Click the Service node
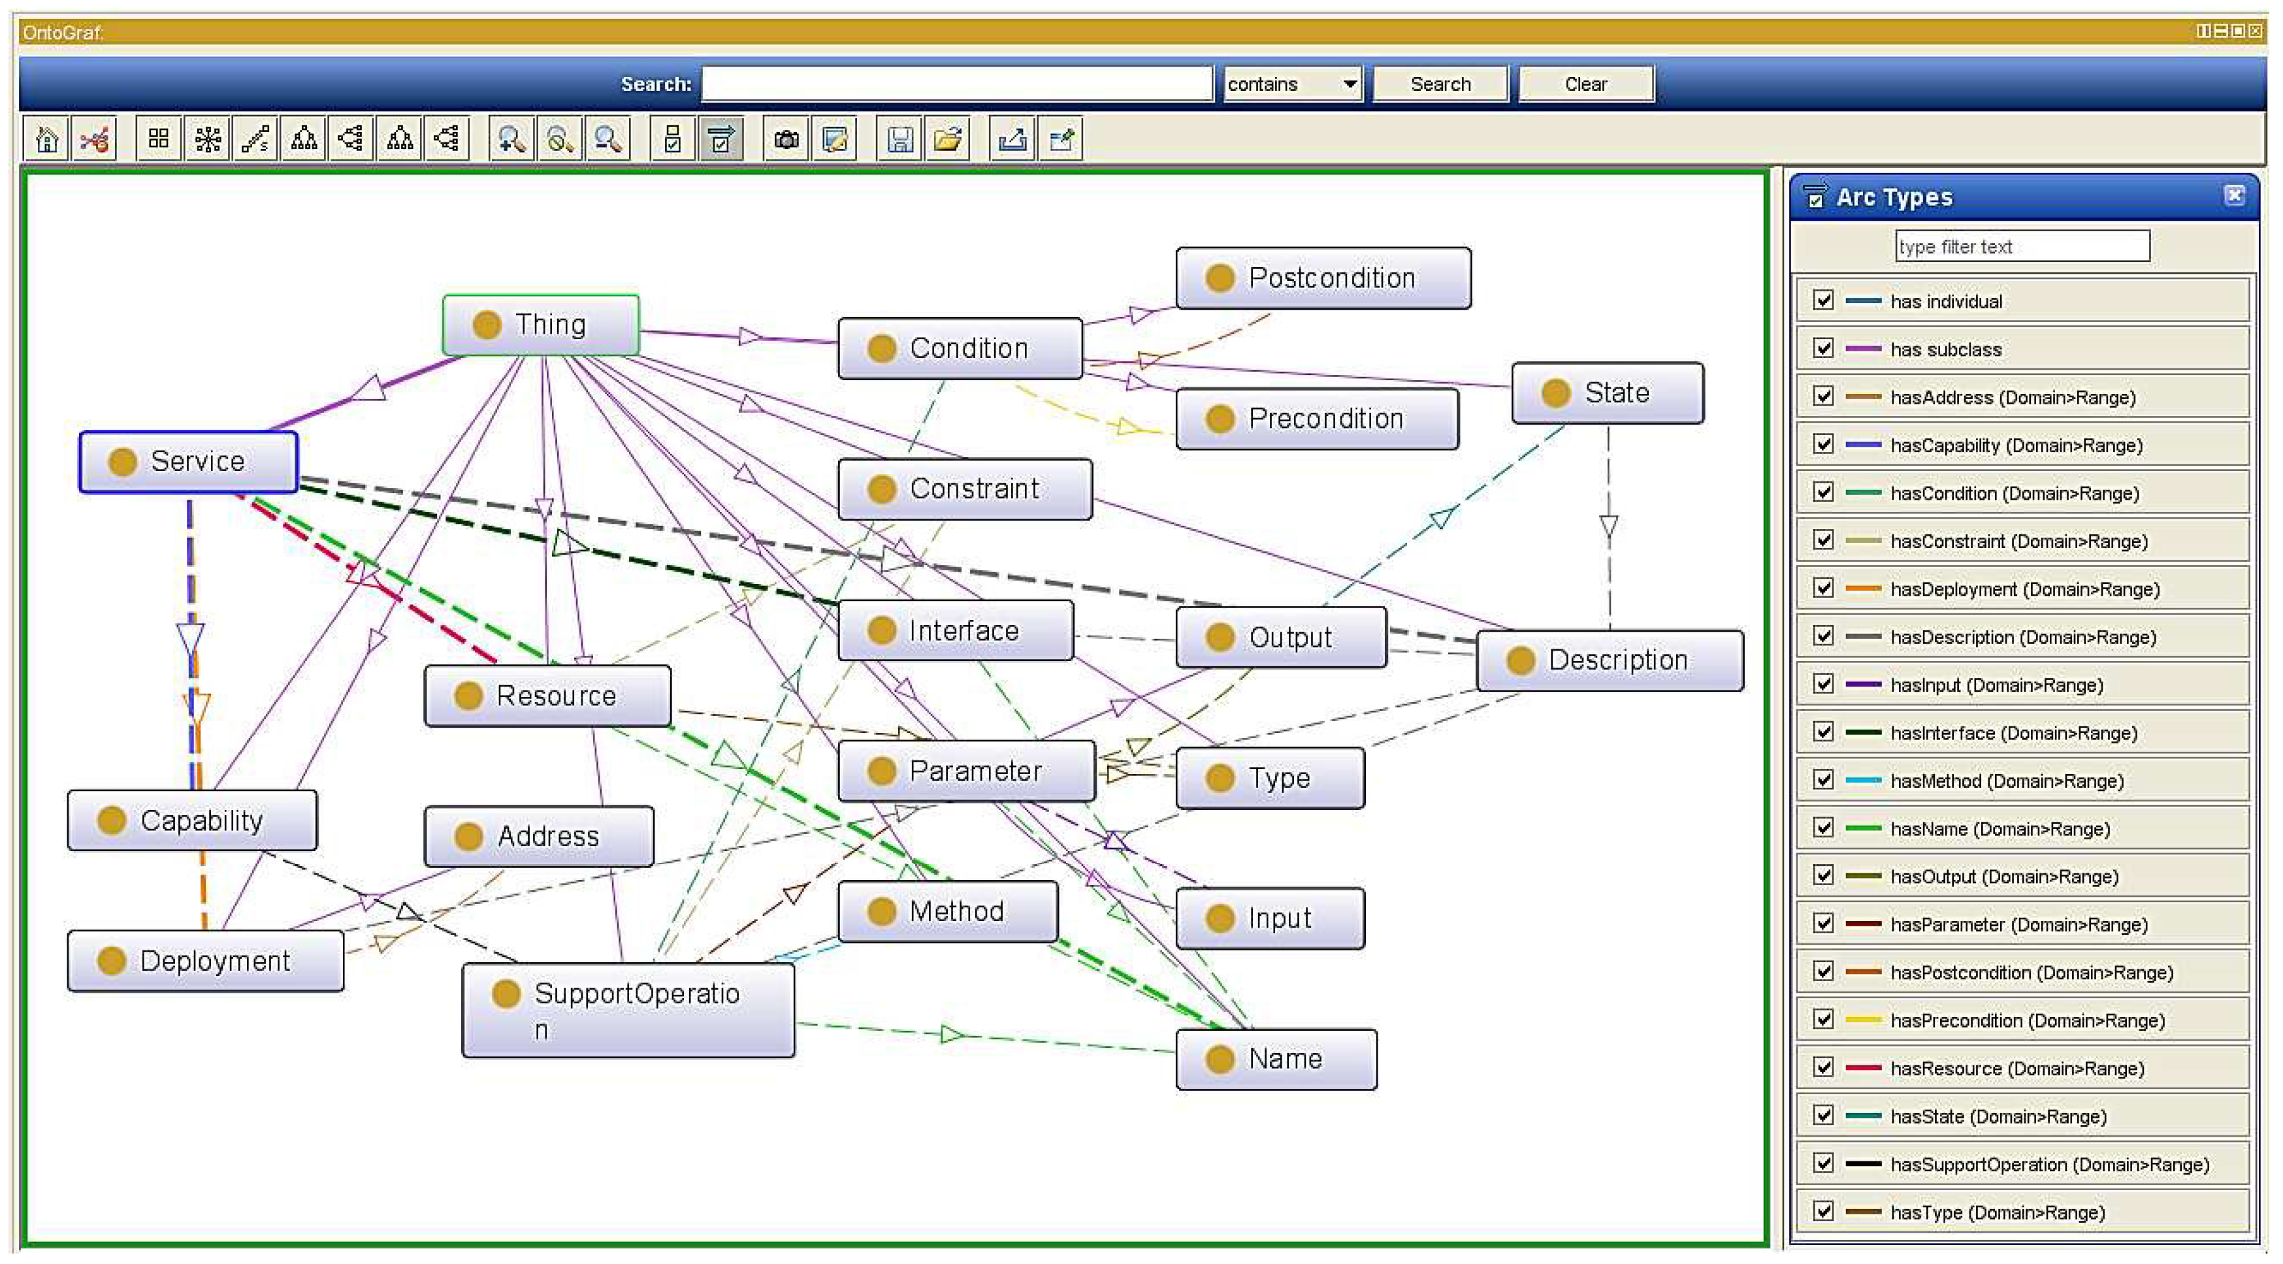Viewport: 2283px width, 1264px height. pyautogui.click(x=188, y=462)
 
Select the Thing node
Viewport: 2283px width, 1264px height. pyautogui.click(x=541, y=325)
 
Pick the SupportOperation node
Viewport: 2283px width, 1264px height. pyautogui.click(x=628, y=1011)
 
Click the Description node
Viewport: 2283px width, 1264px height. pyautogui.click(x=1609, y=660)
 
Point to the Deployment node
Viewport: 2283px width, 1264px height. pyautogui.click(x=206, y=961)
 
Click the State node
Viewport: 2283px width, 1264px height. pyautogui.click(x=1607, y=393)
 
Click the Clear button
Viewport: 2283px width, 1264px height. pyautogui.click(x=1585, y=84)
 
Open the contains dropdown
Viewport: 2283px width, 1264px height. pyautogui.click(x=1292, y=84)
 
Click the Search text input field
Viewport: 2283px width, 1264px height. pyautogui.click(x=956, y=84)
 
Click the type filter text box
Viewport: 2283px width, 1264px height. pyautogui.click(x=2022, y=246)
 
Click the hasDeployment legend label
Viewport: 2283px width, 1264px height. pyautogui.click(x=2024, y=589)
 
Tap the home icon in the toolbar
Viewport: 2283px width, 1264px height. pyautogui.click(x=46, y=139)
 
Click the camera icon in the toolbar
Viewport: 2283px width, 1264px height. pyautogui.click(x=786, y=139)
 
